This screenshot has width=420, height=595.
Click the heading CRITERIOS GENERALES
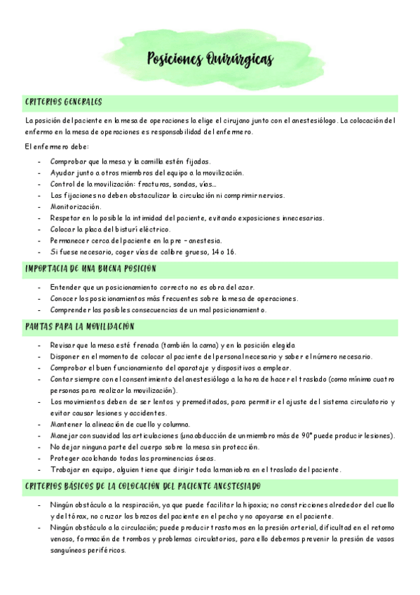point(63,102)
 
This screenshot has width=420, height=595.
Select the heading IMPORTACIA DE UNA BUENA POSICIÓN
point(90,269)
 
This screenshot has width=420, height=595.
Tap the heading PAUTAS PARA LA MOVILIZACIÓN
point(79,327)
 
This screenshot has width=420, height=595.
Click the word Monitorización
point(76,206)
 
